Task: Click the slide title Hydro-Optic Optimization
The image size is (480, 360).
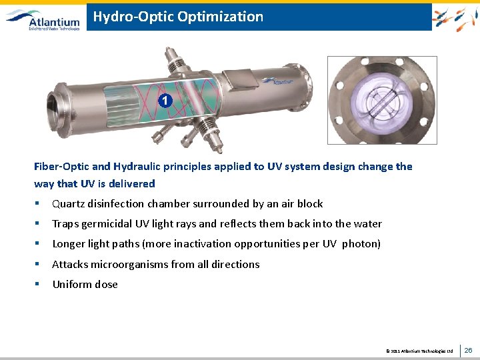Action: point(178,17)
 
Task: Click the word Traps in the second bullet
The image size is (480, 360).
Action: point(65,224)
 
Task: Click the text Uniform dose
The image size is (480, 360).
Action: point(85,284)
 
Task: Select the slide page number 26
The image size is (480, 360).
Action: point(468,350)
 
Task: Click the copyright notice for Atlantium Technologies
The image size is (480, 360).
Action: point(419,351)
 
